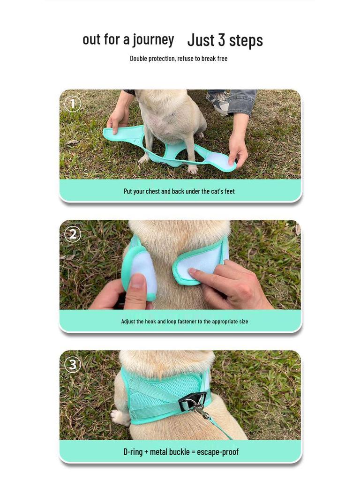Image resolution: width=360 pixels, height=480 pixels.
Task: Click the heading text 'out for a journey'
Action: (128, 39)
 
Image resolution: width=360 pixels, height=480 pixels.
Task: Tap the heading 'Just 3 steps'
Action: (225, 40)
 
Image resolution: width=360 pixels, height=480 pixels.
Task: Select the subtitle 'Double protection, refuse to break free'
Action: (179, 59)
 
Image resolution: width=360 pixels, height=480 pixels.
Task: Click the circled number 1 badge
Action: (72, 104)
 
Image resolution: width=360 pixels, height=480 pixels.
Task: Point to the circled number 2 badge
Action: (72, 234)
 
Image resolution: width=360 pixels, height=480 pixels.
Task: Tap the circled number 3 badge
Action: (72, 364)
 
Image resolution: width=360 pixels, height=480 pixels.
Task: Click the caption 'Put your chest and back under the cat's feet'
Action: (179, 191)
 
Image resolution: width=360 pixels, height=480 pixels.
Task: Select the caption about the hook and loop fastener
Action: (184, 322)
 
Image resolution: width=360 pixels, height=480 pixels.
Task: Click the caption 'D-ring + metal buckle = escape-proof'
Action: (180, 452)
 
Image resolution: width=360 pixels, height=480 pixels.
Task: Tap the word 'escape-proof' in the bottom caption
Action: (217, 452)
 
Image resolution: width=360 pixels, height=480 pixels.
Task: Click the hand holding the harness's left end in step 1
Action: (118, 120)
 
